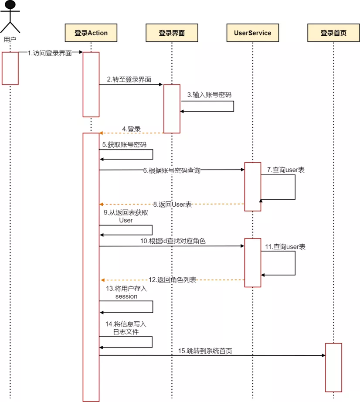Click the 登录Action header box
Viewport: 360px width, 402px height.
91,33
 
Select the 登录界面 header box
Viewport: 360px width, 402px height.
172,33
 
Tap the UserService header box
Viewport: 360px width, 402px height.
252,33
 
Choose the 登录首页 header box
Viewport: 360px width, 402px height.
333,33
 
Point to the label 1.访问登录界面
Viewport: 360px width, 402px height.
49,53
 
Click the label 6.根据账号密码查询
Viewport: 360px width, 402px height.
171,170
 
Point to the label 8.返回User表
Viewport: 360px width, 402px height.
172,204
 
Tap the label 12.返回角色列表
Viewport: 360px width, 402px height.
173,279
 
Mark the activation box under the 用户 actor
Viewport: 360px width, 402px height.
10,68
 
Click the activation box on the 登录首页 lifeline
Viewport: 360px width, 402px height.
333,367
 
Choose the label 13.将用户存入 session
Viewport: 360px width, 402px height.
126,292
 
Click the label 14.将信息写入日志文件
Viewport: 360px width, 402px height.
126,327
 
